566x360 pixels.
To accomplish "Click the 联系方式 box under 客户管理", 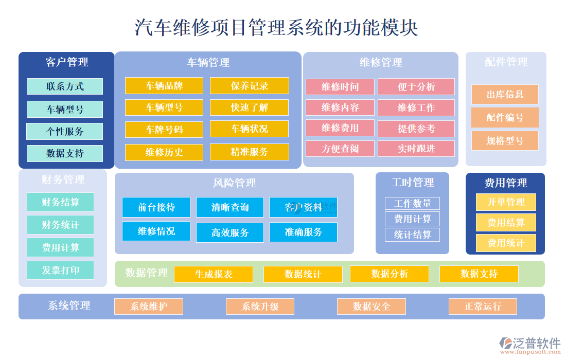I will tap(65, 86).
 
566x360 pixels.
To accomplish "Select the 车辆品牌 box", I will tap(164, 85).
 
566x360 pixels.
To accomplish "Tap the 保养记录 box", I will tap(250, 85).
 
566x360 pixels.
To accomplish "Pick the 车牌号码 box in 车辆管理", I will tap(164, 130).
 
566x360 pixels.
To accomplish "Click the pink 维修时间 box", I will tap(340, 87).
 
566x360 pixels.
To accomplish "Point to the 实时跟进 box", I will tap(416, 149).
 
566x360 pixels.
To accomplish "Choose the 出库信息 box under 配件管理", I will tap(505, 95).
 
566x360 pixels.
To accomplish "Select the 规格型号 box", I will tap(505, 140).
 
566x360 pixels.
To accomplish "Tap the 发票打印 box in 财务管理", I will tap(61, 270).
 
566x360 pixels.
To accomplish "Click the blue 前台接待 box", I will tap(156, 207).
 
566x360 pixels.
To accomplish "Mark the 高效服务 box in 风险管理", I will tap(230, 232).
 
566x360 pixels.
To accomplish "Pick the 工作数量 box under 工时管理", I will tap(413, 203).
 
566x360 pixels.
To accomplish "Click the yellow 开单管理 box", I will tap(506, 202).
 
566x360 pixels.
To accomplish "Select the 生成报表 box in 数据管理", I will tap(214, 274).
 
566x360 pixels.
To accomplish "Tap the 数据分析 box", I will tap(390, 274).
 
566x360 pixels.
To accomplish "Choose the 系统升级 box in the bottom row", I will tap(260, 307).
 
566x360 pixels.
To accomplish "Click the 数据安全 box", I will tap(372, 307).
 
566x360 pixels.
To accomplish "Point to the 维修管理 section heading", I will tap(381, 63).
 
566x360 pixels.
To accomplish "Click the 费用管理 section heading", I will tap(506, 183).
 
